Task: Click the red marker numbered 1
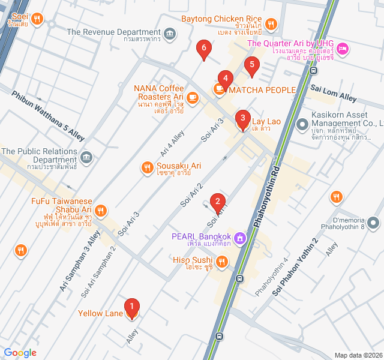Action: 131,308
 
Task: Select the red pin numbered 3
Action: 242,119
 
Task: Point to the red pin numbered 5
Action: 251,65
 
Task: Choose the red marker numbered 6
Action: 204,49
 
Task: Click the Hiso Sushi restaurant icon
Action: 222,260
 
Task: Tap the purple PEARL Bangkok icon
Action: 240,238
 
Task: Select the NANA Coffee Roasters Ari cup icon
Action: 192,97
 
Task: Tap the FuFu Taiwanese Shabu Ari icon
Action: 100,211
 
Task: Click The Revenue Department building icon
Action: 170,32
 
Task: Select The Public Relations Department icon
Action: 86,157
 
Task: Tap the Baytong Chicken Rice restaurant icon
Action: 271,25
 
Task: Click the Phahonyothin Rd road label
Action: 268,197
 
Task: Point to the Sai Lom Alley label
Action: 334,93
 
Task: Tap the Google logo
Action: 20,353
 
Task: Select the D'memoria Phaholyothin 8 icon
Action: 374,224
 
